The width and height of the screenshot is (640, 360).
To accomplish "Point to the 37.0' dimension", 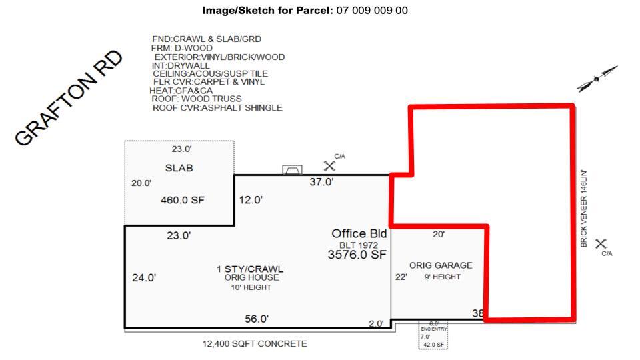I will click(x=321, y=183).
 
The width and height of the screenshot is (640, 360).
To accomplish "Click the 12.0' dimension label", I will click(x=251, y=199).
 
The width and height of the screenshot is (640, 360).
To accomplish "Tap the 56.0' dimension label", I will click(x=257, y=319).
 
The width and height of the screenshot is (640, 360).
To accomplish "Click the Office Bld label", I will click(x=359, y=234).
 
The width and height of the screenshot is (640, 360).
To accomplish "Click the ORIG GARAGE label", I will click(x=441, y=265).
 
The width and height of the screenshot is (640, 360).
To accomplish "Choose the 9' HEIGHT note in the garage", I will click(x=442, y=277).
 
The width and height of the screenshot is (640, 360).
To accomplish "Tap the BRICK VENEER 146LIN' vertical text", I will click(x=584, y=209).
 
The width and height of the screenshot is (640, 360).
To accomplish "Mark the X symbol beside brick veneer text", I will click(x=601, y=244).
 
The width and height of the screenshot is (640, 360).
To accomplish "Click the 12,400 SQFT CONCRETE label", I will click(x=255, y=344).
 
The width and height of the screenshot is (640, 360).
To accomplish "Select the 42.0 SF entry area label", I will click(x=433, y=345).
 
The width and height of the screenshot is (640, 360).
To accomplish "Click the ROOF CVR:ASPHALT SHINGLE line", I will click(x=217, y=107).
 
